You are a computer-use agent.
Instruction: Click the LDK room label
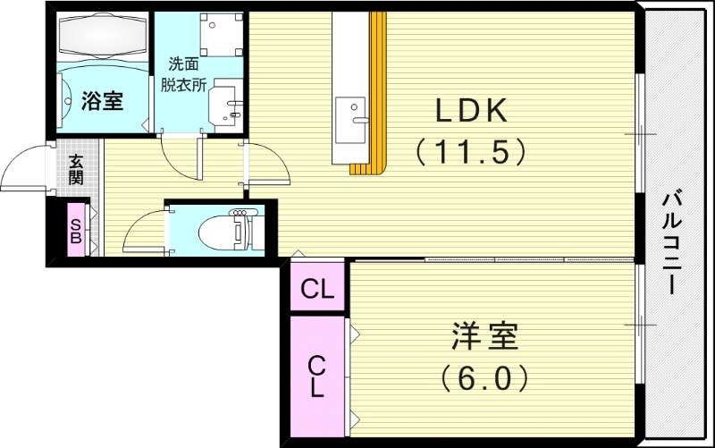pos(471,111)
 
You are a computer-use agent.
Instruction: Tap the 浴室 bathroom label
pos(101,100)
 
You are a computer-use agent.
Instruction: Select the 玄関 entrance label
pos(76,169)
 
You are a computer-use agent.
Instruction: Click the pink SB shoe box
pos(75,230)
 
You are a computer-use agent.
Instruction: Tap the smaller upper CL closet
pos(317,289)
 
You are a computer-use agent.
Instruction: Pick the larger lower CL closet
pos(317,375)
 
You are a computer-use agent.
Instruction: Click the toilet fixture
pos(231,230)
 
